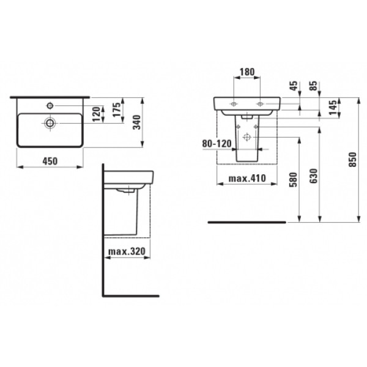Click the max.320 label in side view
pos(127,251)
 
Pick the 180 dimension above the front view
pos(247,72)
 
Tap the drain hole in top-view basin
pos(49,123)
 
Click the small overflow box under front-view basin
pos(248,115)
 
